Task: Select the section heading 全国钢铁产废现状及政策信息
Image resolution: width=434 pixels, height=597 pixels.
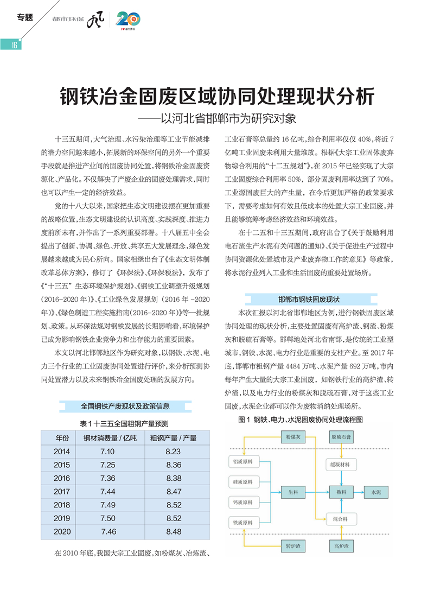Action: pos(125,405)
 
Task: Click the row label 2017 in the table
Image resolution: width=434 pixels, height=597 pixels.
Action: pos(62,491)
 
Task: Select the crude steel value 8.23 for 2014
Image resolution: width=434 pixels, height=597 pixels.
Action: pos(173,452)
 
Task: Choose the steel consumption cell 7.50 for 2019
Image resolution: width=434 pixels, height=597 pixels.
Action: pos(107,518)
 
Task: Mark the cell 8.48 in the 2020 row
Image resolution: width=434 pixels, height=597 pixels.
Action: pos(173,531)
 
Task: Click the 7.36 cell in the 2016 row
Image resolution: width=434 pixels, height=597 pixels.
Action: pos(107,478)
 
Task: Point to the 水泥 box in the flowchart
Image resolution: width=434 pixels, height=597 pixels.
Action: pos(376,492)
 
